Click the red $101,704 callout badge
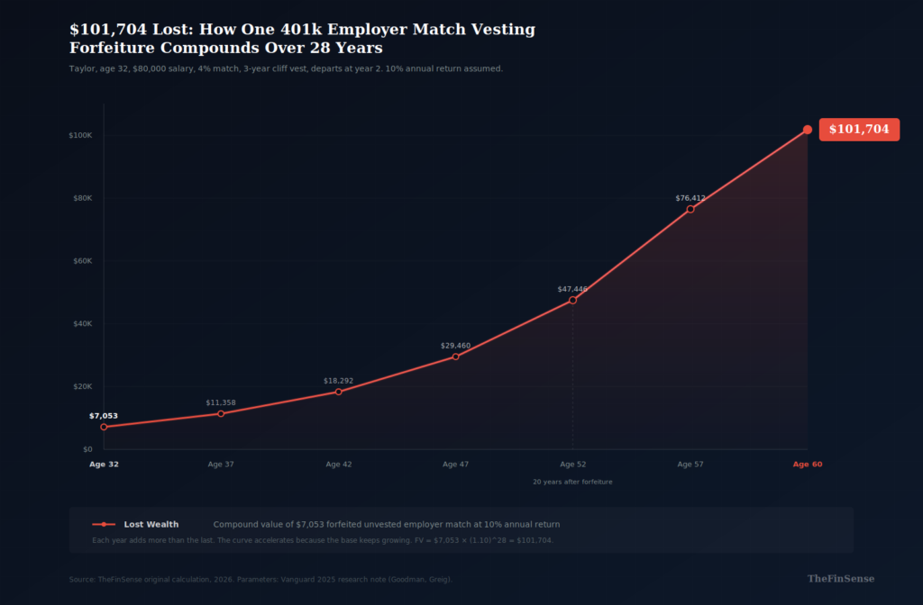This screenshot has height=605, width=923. [859, 130]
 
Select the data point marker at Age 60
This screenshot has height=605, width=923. [808, 130]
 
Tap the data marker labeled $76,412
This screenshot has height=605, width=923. [690, 210]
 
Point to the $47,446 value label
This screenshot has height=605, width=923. [572, 289]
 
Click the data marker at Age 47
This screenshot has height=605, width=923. [455, 357]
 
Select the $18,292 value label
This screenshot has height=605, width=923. [338, 381]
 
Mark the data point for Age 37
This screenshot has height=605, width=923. [221, 413]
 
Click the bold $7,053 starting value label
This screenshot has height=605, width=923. [104, 416]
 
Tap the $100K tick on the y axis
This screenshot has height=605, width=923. [80, 135]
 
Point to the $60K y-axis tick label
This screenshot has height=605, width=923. [82, 260]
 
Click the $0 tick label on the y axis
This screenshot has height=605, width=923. [87, 448]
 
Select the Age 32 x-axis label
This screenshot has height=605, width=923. [104, 465]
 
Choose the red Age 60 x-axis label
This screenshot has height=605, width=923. [808, 465]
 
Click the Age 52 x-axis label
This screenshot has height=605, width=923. [572, 465]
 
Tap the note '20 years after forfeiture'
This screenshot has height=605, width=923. [572, 483]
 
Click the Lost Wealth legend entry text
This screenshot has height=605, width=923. [151, 524]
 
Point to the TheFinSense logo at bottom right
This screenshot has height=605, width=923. [840, 579]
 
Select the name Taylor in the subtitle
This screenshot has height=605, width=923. [82, 68]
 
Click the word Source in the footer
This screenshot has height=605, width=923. [81, 580]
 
